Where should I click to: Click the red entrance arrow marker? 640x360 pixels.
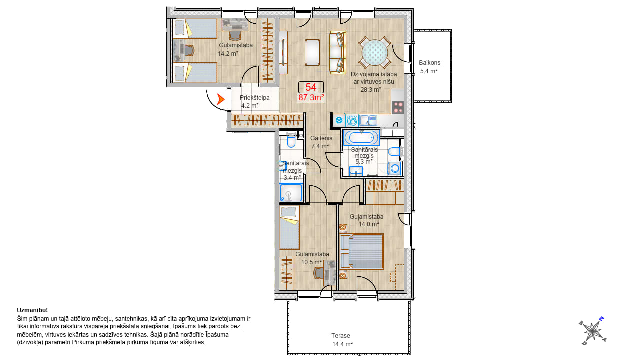tap(220, 99)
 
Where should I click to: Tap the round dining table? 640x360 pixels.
tap(375, 53)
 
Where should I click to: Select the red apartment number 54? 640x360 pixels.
tap(311, 87)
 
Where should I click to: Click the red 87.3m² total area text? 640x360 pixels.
tap(311, 97)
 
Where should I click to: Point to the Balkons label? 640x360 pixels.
tap(429, 63)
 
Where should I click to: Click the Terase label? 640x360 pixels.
tap(341, 336)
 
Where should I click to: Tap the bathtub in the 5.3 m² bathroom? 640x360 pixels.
tap(361, 138)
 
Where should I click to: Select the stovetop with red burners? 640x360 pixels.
tap(397, 107)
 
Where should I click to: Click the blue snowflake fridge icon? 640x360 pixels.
tap(339, 120)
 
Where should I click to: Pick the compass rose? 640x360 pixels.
tap(593, 331)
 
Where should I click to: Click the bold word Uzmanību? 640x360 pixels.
tap(32, 310)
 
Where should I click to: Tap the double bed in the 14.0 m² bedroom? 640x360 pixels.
tap(361, 251)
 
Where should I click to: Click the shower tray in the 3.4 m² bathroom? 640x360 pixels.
tap(291, 193)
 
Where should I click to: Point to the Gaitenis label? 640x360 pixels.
tap(321, 138)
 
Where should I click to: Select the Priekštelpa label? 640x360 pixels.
tap(255, 98)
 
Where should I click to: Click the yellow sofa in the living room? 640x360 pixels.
tap(338, 53)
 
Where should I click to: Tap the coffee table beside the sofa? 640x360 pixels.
tap(312, 53)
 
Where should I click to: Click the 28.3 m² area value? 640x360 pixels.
tap(371, 90)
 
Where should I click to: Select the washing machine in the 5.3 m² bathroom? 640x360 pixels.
tap(394, 168)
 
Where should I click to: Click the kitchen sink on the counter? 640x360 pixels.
tap(368, 120)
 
